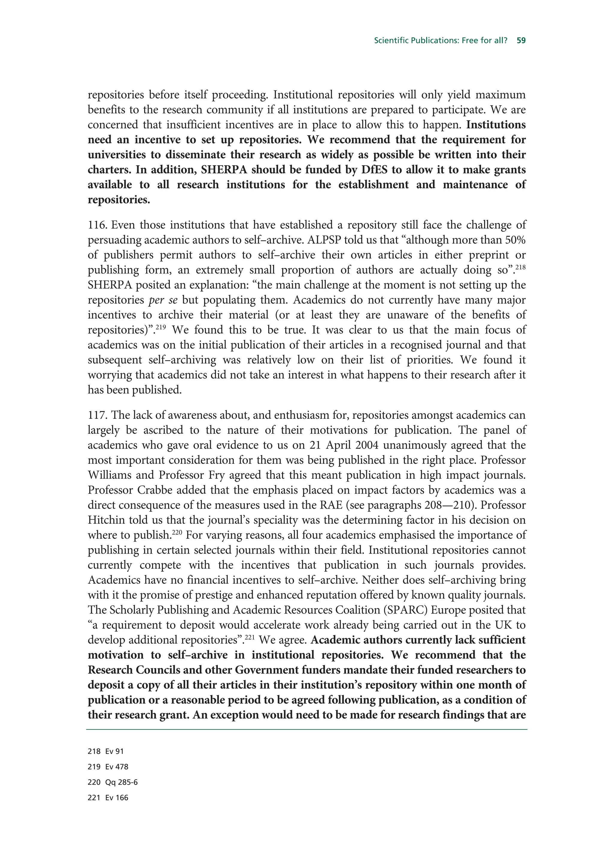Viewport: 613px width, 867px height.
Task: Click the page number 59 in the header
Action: pyautogui.click(x=521, y=40)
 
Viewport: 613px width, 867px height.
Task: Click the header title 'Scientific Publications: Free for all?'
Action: pyautogui.click(x=440, y=40)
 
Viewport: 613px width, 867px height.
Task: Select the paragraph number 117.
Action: pyautogui.click(x=98, y=415)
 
